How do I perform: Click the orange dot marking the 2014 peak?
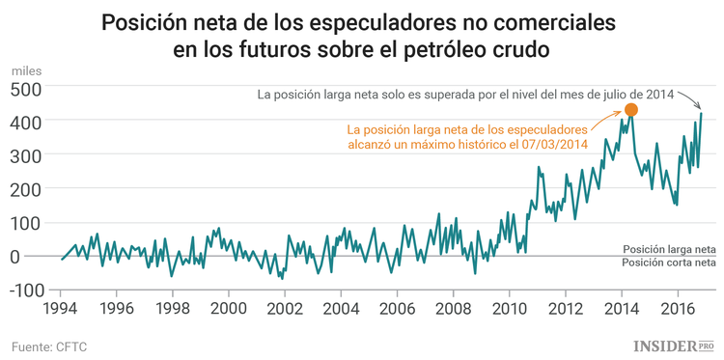click(631, 110)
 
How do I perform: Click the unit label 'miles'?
click(26, 70)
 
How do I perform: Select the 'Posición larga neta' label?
click(669, 248)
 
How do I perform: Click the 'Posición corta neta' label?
click(669, 263)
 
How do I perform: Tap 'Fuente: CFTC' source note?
click(51, 345)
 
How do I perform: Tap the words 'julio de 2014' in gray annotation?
click(631, 94)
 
